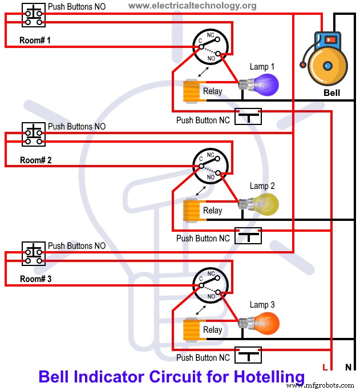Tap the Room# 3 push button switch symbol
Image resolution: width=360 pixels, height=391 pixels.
pos(34,253)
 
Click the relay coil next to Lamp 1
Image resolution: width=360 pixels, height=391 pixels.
pos(189,91)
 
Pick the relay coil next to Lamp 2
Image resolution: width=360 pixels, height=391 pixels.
pos(189,210)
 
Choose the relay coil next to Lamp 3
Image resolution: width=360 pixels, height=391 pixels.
pos(189,329)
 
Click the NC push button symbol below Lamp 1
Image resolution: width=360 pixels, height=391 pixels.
pos(248,117)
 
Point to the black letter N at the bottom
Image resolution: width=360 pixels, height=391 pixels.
pos(347,367)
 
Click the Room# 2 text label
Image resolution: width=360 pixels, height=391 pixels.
pos(35,160)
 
